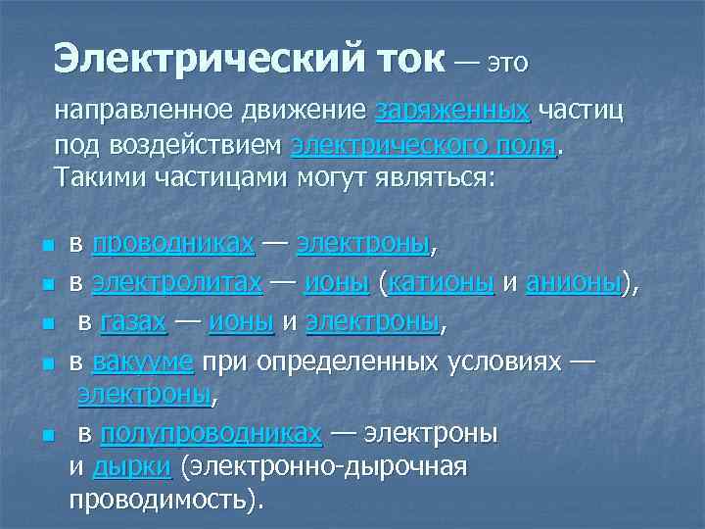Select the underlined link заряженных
451,111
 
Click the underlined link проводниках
174,243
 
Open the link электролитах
176,283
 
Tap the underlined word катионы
442,283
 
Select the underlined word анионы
574,283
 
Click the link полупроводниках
211,432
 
